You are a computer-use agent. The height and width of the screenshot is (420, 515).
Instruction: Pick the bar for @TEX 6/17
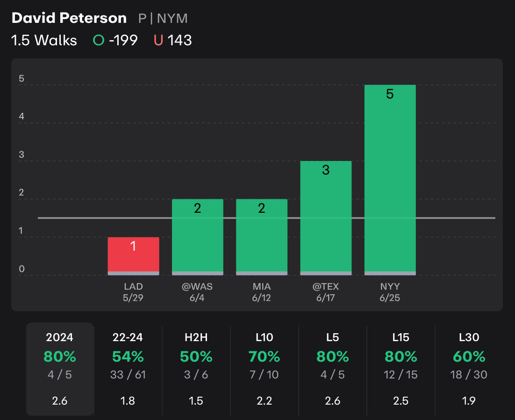[325, 217]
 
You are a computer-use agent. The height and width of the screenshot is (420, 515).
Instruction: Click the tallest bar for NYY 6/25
[390, 180]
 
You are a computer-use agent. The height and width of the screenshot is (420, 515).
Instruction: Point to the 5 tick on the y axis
[21, 79]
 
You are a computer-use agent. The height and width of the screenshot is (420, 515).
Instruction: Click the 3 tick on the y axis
[21, 155]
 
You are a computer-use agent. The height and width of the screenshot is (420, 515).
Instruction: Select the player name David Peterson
[69, 18]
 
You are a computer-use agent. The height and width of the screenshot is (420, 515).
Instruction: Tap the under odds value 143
[180, 41]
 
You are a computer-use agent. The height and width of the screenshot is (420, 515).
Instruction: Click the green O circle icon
[99, 41]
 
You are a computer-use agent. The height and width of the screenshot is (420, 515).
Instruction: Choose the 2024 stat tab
[60, 337]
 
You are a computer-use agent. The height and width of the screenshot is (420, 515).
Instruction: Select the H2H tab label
[196, 337]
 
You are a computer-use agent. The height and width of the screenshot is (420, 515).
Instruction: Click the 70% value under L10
[265, 357]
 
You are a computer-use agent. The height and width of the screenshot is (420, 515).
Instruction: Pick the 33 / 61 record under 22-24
[128, 375]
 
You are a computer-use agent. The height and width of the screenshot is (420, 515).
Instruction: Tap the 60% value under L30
[469, 357]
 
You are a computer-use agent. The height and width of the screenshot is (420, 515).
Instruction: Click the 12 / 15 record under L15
[401, 375]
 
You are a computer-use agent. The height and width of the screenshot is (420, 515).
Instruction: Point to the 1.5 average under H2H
[196, 401]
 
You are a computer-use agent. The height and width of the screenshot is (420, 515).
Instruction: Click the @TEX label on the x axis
[325, 287]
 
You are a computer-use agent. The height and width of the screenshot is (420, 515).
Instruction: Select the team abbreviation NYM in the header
[172, 19]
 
